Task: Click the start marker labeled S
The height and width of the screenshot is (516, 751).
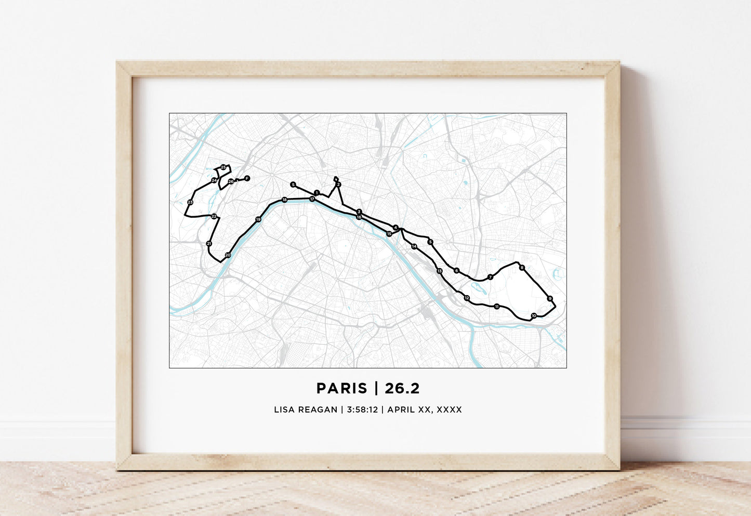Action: [293, 184]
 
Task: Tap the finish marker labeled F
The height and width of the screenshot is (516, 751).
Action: [247, 178]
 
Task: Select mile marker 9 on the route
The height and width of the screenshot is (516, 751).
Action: [550, 298]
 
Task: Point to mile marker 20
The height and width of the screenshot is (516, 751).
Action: [228, 255]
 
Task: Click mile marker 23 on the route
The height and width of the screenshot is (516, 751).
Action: [190, 202]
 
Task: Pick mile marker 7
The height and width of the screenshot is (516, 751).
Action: [490, 277]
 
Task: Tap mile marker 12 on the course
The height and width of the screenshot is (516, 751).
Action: [467, 298]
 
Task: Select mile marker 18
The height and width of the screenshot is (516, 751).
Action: [284, 200]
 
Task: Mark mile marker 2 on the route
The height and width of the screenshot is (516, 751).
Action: [338, 184]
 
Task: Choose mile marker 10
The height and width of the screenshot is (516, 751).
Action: [534, 316]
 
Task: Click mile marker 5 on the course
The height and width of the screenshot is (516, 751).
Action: [430, 242]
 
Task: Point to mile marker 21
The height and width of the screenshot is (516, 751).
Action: [209, 243]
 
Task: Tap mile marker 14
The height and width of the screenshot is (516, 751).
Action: [414, 246]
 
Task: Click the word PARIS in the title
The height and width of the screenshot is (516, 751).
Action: [341, 388]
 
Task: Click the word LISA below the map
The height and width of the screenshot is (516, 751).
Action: [284, 409]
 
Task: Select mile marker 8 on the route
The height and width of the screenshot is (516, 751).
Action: [522, 268]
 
